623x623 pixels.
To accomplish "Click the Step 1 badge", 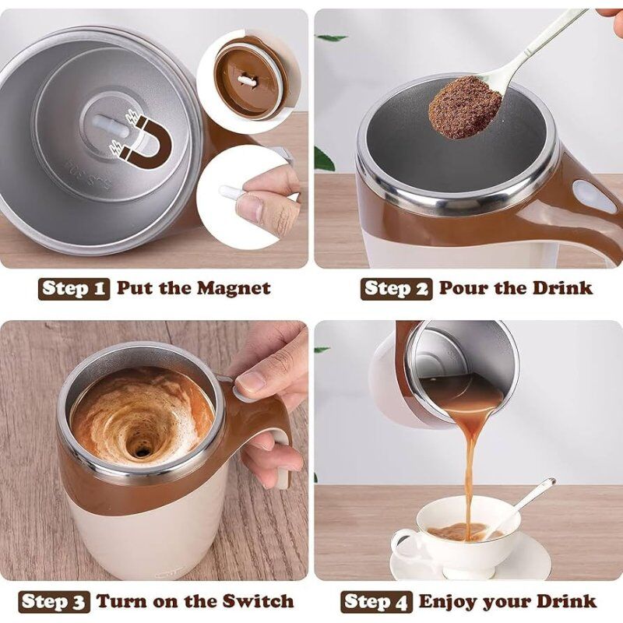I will [x=74, y=288].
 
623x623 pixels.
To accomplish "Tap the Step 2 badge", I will [x=396, y=288].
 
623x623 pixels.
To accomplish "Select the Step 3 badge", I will [x=54, y=601].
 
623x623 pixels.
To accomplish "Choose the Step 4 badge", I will [x=376, y=601].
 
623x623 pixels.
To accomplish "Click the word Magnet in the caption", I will [x=233, y=288].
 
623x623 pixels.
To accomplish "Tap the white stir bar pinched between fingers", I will [x=233, y=192].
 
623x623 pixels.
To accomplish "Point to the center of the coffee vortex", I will [x=141, y=449].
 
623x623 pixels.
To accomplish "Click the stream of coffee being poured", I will [x=471, y=467].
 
